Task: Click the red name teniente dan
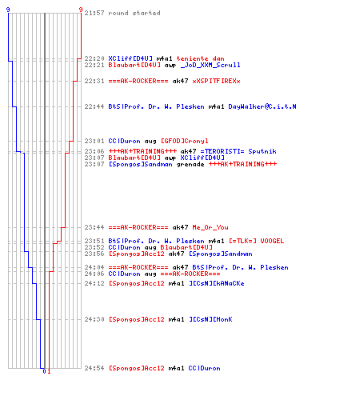200,58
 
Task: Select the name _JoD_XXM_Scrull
210,65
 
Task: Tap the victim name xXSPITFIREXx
216,81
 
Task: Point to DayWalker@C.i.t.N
262,106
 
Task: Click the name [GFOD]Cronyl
185,141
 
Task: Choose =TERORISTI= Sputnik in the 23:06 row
238,151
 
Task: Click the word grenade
190,164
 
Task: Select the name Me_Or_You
210,227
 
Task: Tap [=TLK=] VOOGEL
257,241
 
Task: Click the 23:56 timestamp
94,254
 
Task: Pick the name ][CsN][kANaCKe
217,283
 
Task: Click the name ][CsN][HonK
210,319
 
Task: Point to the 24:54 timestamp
94,368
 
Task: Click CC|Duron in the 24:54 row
204,368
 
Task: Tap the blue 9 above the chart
8,10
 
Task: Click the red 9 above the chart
81,10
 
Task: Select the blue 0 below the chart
44,371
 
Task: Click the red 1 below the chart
49,371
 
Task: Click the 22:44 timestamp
94,106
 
